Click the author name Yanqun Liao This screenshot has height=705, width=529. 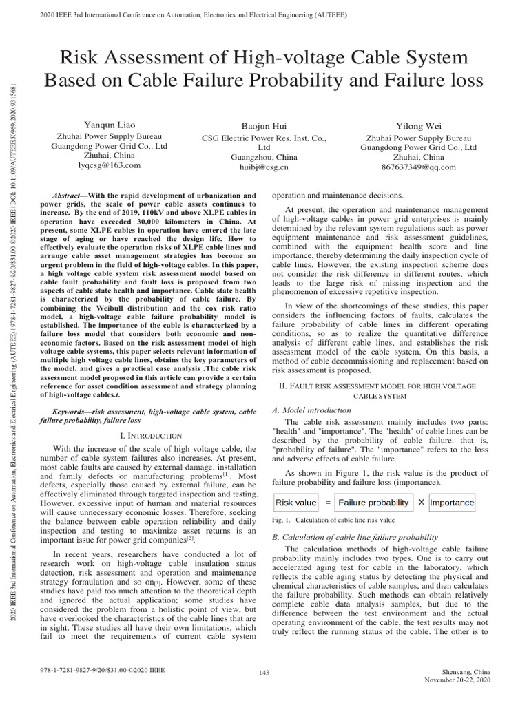click(110, 125)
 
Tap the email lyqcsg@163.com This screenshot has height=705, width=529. click(110, 165)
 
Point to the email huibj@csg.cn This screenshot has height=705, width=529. click(264, 167)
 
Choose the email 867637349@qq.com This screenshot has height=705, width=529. click(418, 166)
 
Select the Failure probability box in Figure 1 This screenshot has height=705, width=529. click(373, 502)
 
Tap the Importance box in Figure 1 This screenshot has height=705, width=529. click(451, 502)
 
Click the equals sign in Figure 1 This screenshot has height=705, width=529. click(328, 502)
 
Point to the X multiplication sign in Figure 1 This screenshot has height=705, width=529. click(420, 502)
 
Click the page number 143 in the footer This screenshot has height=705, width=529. click(264, 672)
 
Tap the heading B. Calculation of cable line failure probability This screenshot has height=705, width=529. click(355, 536)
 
